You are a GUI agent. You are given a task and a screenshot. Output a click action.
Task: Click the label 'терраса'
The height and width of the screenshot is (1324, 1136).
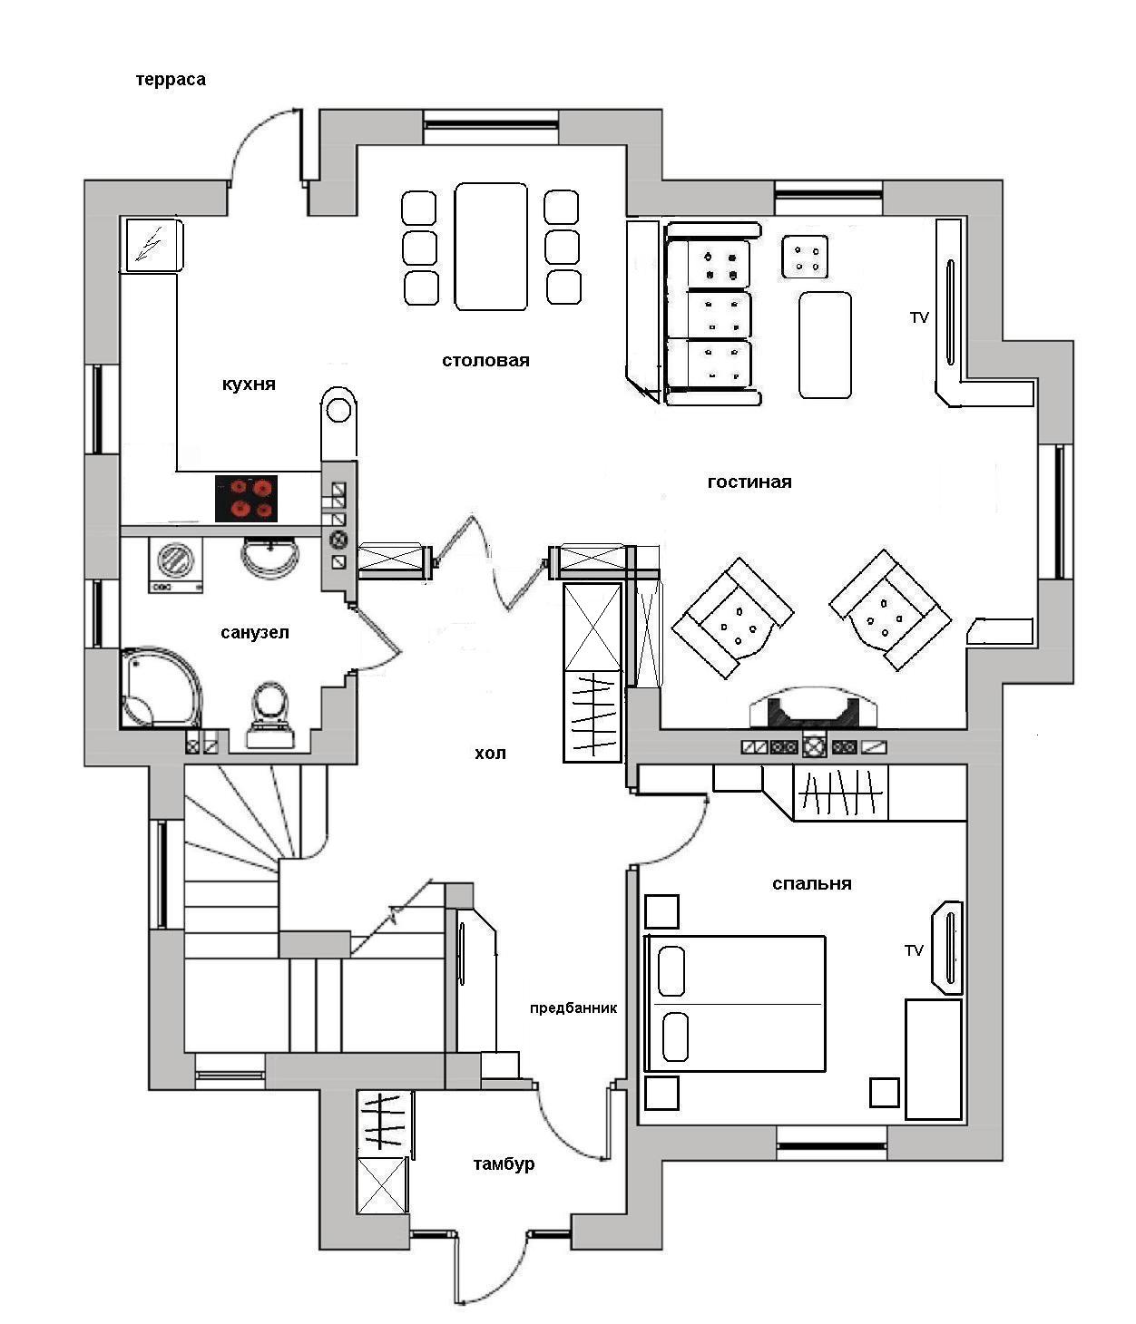[171, 80]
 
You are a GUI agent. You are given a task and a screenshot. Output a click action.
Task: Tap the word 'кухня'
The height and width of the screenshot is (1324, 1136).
[249, 385]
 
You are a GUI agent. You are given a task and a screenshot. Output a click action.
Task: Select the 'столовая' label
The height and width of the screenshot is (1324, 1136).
[486, 361]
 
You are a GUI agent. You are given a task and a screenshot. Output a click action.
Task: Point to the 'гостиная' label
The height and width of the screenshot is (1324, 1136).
[749, 482]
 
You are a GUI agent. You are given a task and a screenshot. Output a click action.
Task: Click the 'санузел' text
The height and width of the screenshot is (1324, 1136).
[255, 633]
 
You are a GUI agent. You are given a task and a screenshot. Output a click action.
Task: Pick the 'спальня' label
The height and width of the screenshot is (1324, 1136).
[811, 884]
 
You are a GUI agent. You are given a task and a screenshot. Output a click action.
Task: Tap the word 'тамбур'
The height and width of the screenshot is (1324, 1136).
[504, 1163]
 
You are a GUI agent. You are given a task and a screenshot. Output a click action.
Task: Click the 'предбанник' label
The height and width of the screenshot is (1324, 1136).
[573, 1008]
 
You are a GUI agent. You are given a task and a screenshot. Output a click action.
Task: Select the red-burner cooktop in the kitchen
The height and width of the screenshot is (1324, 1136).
[246, 499]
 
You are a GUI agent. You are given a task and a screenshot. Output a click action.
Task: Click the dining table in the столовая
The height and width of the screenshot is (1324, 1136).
[491, 247]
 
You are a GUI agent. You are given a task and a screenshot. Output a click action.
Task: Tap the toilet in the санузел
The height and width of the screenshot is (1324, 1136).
[270, 715]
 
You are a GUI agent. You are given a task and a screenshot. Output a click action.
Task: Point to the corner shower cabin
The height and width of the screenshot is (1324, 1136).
[161, 688]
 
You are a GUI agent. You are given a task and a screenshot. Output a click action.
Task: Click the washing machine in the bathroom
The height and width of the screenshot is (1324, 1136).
[176, 565]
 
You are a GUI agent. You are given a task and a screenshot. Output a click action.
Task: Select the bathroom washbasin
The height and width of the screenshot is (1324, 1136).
[269, 557]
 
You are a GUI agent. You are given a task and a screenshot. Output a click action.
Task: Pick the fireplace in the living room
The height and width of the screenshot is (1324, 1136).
[814, 708]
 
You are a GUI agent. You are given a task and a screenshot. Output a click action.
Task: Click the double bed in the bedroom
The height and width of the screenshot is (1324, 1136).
[735, 1004]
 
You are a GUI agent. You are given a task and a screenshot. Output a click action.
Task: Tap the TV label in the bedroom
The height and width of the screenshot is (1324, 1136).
[915, 950]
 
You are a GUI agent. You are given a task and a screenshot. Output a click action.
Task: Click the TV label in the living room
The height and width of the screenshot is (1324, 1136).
[919, 317]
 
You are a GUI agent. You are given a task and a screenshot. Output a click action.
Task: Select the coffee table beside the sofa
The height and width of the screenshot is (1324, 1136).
[825, 346]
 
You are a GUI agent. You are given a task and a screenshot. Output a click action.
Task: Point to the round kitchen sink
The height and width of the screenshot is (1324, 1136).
[338, 409]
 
